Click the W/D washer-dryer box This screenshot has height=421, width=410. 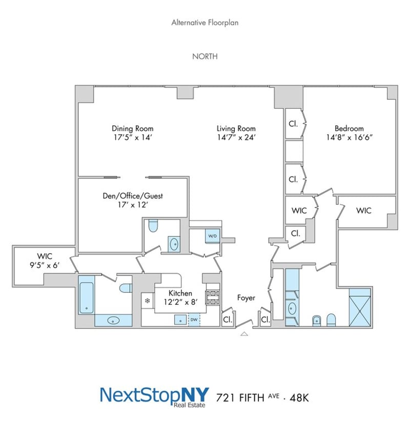pos(213,236)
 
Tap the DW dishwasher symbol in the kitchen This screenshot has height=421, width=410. pos(194,320)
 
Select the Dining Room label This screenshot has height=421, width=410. pos(133,128)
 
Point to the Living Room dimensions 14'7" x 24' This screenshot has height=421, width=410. pos(236,138)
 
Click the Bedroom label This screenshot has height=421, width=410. pos(349,128)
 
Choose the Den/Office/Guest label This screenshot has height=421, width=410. pos(133,196)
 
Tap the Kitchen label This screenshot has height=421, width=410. pos(180,293)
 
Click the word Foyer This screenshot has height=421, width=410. pos(246,298)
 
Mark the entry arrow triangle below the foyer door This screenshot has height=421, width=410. pos(244,334)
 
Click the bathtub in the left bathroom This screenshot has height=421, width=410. pos(86,298)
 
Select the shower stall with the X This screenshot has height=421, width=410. pos(360,307)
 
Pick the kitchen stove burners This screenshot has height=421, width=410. pos(213,298)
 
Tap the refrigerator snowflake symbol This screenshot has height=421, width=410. pos(148,301)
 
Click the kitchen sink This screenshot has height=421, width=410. pos(180,320)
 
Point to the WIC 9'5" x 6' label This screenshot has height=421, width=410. pos(45,261)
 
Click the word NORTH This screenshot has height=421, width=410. pos(205,56)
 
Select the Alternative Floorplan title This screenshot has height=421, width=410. pos(205,23)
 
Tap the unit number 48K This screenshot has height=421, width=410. pos(299,397)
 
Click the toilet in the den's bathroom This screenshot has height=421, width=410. pos(153,226)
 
